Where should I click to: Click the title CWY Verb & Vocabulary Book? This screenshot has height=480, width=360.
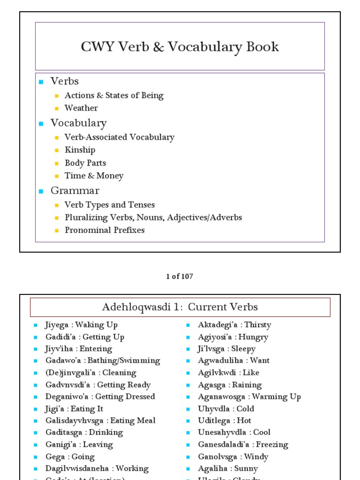(180, 47)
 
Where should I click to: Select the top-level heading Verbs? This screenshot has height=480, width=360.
(65, 81)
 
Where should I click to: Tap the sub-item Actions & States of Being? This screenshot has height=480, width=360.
(114, 96)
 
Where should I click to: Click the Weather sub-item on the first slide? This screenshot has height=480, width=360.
(81, 108)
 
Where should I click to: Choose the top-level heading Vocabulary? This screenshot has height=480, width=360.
(78, 123)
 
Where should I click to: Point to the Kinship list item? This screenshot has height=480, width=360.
(80, 150)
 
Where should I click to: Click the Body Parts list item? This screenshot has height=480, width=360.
(85, 163)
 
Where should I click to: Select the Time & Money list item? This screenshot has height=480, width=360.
(94, 176)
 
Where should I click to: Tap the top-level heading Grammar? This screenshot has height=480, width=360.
(75, 191)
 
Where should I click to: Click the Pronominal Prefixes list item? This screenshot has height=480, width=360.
(105, 230)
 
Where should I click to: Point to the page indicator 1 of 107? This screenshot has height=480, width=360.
(180, 277)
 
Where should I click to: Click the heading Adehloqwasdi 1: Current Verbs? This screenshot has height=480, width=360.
(180, 307)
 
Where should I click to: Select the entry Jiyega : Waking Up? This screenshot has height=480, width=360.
(81, 325)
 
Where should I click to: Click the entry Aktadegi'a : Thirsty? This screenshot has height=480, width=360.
(234, 325)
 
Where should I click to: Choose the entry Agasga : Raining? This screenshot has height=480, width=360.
(230, 385)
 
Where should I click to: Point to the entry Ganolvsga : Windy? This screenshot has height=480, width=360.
(233, 457)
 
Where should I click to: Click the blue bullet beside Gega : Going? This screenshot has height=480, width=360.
(35, 457)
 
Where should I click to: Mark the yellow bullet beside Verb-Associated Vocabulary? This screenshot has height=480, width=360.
(57, 138)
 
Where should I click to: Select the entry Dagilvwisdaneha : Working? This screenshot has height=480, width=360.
(97, 469)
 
